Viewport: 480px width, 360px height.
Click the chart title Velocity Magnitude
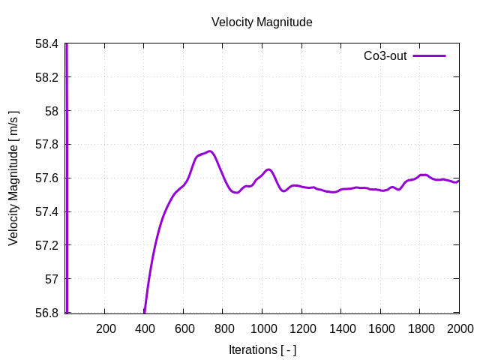tap(262, 22)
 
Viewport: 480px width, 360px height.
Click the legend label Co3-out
tap(385, 56)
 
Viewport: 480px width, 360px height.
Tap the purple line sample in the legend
tap(430, 56)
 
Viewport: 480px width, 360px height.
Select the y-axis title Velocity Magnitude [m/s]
tap(13, 178)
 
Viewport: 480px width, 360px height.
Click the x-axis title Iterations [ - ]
tap(262, 349)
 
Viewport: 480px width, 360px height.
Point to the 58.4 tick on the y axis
tap(46, 43)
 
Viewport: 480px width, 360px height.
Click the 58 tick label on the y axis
tap(52, 111)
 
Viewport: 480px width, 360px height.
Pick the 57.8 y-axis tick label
tap(46, 145)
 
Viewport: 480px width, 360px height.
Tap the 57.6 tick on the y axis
tap(46, 178)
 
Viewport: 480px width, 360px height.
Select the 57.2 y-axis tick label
tap(46, 245)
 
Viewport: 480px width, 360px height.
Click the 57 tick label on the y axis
tap(52, 279)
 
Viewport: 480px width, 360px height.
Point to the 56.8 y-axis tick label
tap(46, 313)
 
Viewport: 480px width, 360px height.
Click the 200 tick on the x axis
tap(106, 328)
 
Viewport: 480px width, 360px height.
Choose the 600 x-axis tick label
tap(184, 328)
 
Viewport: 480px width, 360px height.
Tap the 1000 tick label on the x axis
tap(262, 328)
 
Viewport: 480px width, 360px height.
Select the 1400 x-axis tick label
tap(341, 328)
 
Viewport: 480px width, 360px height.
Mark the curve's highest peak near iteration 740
tap(211, 151)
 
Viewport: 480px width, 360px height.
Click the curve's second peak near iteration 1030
tap(268, 169)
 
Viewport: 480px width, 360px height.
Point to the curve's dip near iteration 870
tap(236, 193)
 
